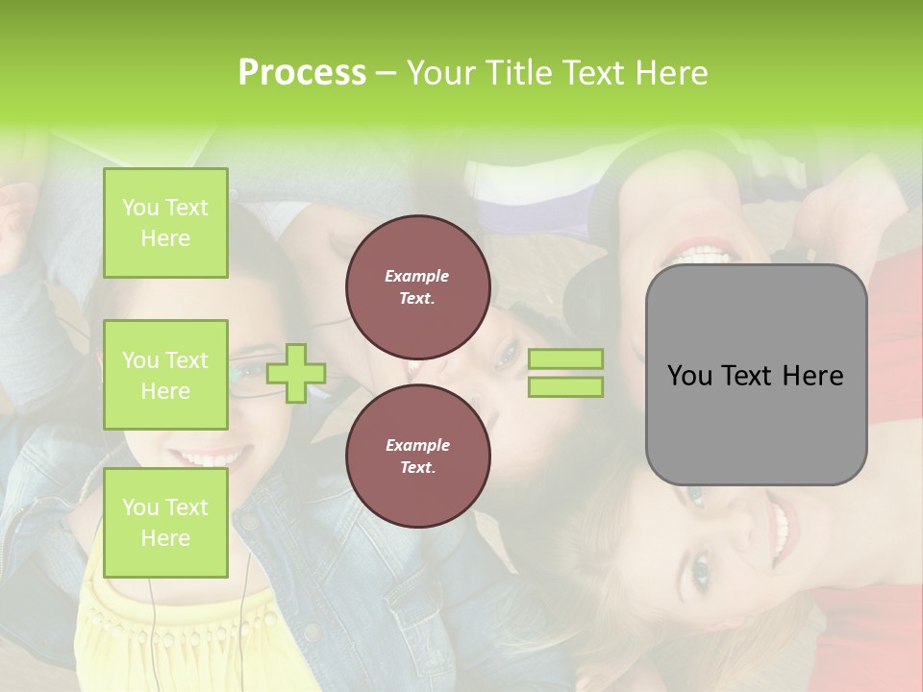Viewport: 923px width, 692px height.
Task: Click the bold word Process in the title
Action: [302, 73]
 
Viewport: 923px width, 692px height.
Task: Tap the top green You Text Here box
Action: [165, 223]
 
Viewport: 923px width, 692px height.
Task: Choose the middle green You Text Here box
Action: [165, 375]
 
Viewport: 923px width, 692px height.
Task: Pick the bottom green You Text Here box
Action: [165, 523]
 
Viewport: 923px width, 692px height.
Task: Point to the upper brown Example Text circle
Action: [417, 286]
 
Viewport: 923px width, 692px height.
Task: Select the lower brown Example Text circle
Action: [417, 456]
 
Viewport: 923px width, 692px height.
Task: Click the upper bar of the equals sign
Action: [565, 358]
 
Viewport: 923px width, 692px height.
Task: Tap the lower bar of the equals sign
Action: [565, 387]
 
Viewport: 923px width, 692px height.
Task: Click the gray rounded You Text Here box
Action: [756, 375]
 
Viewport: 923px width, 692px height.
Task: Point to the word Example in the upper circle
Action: [417, 276]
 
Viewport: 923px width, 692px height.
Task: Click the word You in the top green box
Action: [140, 208]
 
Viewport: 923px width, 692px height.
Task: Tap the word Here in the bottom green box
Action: [165, 538]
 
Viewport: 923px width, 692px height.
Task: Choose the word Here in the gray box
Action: [813, 376]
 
